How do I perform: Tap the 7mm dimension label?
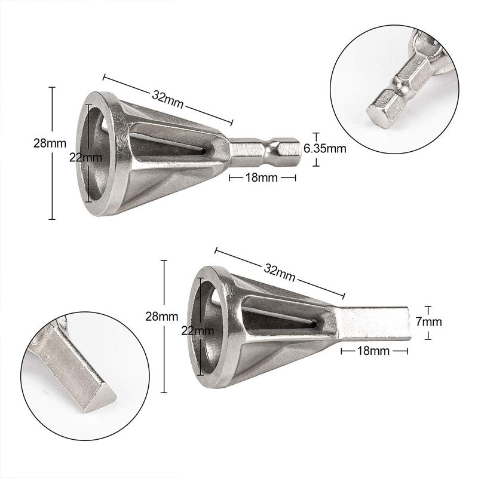(430, 321)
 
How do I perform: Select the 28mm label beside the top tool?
(50, 143)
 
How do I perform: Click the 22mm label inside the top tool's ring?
(85, 157)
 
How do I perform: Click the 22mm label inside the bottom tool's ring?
(198, 330)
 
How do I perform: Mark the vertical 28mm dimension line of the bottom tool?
(164, 358)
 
